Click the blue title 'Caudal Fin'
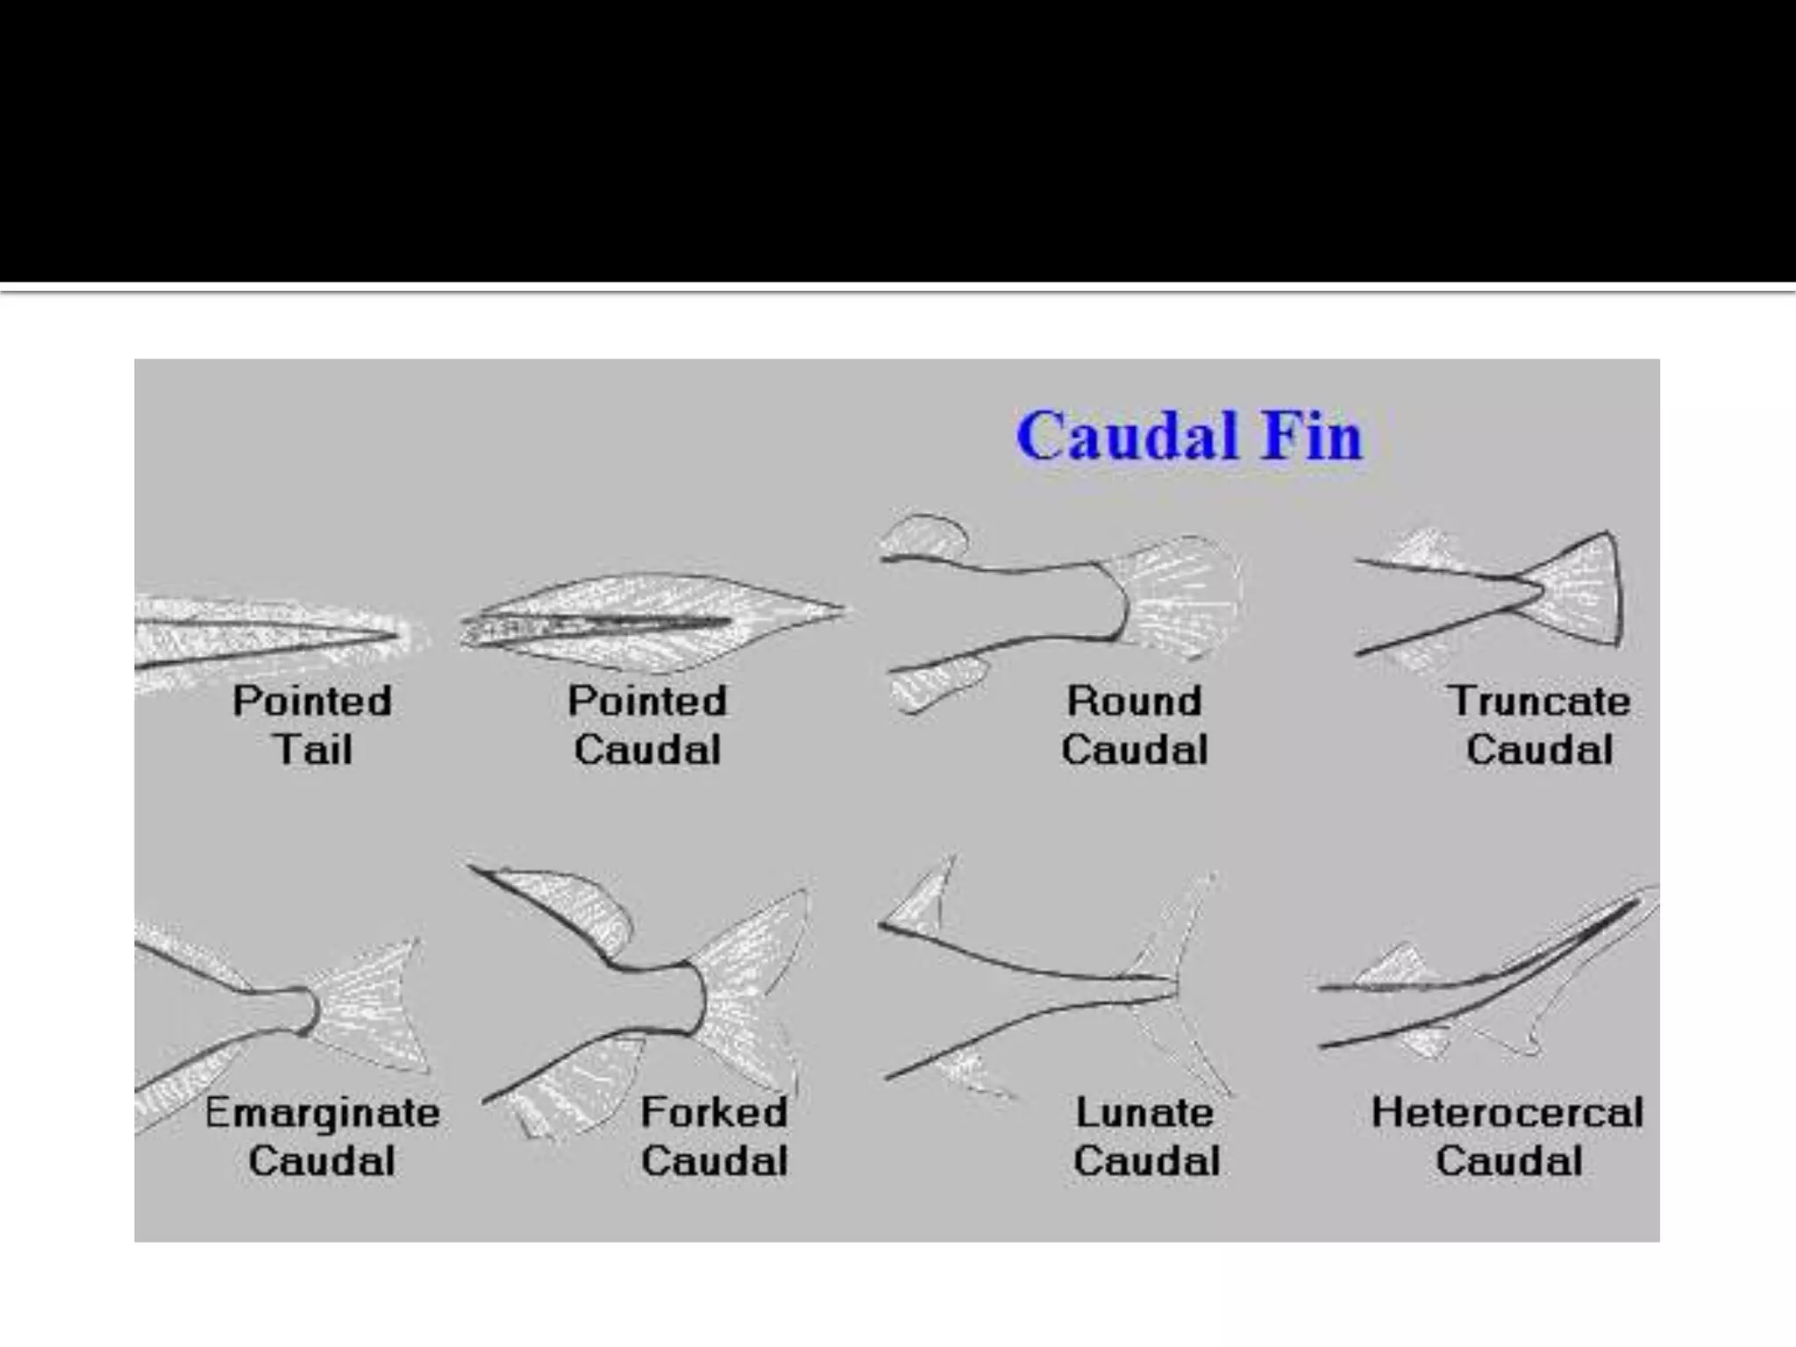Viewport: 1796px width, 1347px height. click(1189, 435)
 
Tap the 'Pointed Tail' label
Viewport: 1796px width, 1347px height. click(312, 725)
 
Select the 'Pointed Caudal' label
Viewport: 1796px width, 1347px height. click(647, 725)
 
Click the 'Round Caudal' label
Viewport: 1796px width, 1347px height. click(1134, 725)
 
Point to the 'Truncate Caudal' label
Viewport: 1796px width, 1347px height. click(1539, 725)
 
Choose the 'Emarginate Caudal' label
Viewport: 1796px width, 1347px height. click(322, 1137)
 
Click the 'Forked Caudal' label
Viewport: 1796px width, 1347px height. click(714, 1137)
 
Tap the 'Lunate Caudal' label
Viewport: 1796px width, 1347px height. click(1146, 1137)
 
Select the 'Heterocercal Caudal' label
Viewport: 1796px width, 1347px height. click(1507, 1137)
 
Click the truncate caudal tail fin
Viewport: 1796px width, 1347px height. click(1574, 590)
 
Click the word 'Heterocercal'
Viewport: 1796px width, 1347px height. click(1507, 1113)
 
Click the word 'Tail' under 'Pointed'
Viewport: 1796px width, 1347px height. click(312, 750)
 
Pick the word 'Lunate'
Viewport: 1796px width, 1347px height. click(1144, 1113)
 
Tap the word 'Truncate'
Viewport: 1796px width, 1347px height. click(1539, 701)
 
